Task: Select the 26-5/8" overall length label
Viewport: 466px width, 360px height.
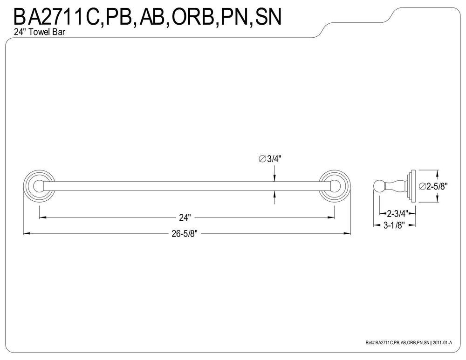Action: pos(185,234)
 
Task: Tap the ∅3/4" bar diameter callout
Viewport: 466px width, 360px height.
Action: pos(270,159)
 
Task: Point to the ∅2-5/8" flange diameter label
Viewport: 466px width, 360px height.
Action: pos(433,186)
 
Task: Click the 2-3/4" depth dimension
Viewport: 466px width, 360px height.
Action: pos(397,213)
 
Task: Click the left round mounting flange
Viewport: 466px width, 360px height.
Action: pos(39,186)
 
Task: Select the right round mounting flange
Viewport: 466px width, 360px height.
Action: pos(335,186)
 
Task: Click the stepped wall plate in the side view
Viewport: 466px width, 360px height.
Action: pos(411,186)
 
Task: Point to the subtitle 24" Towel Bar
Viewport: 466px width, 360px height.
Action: pos(39,32)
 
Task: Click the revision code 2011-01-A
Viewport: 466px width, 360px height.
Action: pos(442,342)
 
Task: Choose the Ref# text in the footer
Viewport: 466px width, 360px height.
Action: pos(370,342)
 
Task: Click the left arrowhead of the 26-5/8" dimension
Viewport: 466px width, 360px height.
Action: pos(27,233)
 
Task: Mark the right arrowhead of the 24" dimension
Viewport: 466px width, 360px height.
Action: pos(331,217)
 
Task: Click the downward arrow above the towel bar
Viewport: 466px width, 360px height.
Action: pos(274,177)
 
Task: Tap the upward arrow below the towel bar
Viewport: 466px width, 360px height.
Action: pos(274,195)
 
